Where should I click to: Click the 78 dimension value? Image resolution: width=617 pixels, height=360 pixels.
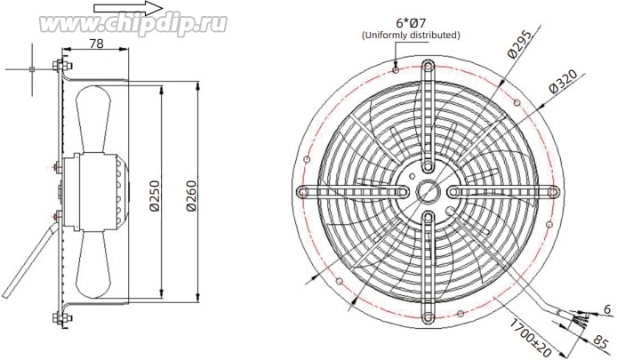point(96,44)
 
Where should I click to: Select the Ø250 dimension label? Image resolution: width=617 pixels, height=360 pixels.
point(156,196)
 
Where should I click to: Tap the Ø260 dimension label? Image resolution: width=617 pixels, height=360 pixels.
point(191,196)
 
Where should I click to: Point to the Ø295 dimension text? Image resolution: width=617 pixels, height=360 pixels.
point(519,44)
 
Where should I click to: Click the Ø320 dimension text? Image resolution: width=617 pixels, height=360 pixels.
point(564,82)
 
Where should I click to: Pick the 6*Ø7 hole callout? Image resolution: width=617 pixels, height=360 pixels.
point(411,22)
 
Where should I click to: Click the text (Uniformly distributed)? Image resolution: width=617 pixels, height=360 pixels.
point(411,35)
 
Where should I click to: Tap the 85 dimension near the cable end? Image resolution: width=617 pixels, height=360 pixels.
point(600,341)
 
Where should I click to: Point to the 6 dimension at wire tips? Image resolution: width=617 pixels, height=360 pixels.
point(608,309)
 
